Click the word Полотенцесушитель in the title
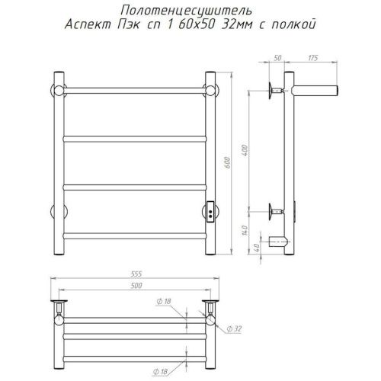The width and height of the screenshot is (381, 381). [187, 11]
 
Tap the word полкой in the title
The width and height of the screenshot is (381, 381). [294, 24]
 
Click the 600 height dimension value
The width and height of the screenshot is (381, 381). [228, 163]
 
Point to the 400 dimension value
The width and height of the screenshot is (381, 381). [245, 150]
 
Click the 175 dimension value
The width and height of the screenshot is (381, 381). [312, 58]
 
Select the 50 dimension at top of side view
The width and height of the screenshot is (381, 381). [277, 58]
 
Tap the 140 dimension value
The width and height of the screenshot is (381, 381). [245, 230]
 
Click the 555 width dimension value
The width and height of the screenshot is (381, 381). [136, 274]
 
